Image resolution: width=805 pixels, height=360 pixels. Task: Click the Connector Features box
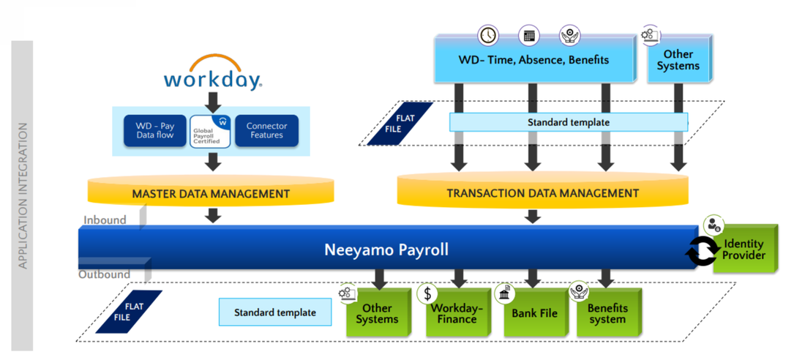click(266, 131)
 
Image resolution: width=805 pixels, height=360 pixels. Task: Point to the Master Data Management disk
click(211, 194)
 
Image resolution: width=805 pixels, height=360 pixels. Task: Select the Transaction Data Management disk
click(542, 193)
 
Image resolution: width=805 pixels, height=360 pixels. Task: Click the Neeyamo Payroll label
click(386, 250)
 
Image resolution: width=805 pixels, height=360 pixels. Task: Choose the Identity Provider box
click(744, 250)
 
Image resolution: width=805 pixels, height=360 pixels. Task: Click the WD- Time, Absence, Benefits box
click(533, 60)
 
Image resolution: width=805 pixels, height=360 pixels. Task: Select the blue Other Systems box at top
click(678, 60)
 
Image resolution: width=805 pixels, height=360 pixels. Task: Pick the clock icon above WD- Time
click(487, 35)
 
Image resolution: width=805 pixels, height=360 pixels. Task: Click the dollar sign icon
click(427, 294)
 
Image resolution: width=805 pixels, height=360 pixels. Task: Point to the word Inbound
click(104, 220)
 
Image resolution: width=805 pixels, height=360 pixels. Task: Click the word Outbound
click(104, 274)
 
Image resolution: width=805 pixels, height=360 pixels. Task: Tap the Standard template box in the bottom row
click(275, 312)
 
